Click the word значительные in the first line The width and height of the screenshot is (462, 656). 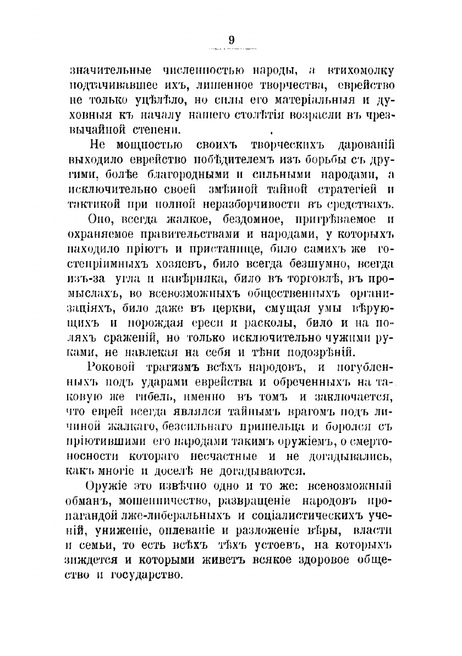[x=104, y=71]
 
